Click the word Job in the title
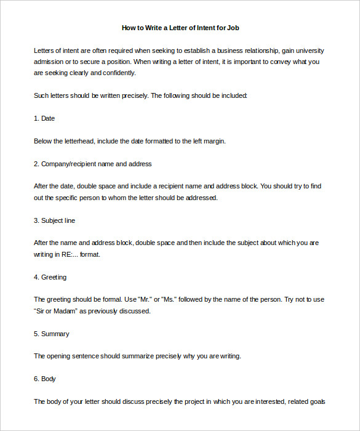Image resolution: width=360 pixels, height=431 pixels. (x=233, y=28)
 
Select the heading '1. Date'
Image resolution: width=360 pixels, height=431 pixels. (x=44, y=118)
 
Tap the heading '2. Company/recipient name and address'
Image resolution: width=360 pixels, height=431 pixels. (x=93, y=164)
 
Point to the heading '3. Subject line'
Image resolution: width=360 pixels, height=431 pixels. (x=54, y=220)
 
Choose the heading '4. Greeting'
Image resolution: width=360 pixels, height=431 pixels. (x=50, y=277)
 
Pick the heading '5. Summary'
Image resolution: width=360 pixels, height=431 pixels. (x=51, y=334)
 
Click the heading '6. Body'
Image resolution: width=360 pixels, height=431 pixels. (x=45, y=379)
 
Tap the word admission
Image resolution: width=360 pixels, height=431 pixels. (x=49, y=62)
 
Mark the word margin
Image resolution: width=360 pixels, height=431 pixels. (x=213, y=141)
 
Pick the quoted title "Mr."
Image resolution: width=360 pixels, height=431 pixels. (x=143, y=299)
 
